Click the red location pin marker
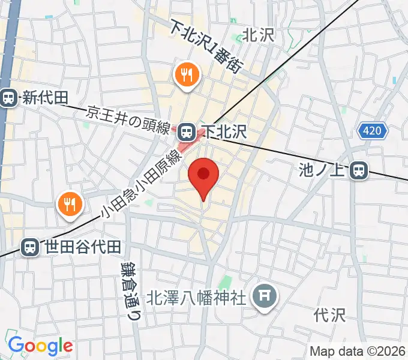tap(203, 176)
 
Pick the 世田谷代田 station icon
tap(29, 247)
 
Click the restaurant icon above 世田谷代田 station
tap(70, 204)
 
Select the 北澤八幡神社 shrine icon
tap(264, 295)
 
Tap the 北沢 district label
tap(258, 35)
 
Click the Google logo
tap(40, 346)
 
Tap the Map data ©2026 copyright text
tap(358, 351)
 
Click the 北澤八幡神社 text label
tap(197, 297)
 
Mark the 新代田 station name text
tap(46, 98)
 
